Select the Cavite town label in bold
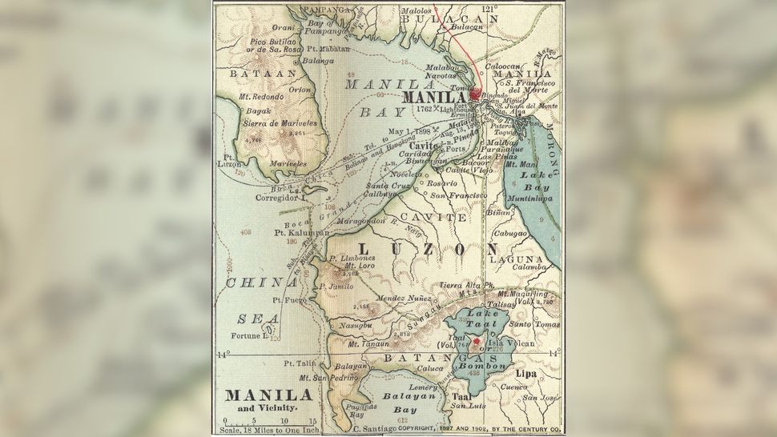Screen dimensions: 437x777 tap(425, 146)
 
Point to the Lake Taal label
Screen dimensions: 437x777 tap(478, 318)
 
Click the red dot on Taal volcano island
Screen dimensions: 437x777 tap(478, 341)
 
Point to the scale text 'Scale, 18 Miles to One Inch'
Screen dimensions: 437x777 tap(269, 431)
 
